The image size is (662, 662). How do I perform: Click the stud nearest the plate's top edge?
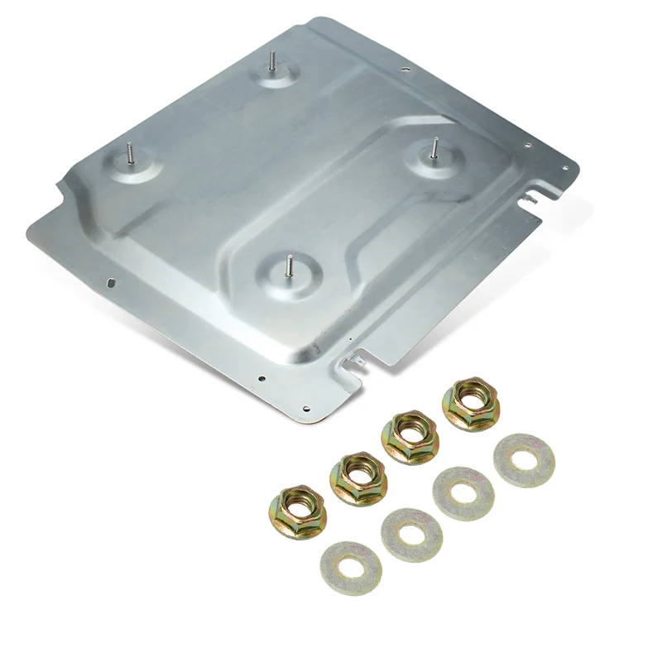(x=271, y=62)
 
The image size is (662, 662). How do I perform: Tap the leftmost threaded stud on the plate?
(x=130, y=154)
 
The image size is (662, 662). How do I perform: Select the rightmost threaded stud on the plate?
(x=433, y=150)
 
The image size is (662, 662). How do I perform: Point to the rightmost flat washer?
(x=525, y=459)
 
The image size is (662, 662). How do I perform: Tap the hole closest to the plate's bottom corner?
(x=306, y=408)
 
